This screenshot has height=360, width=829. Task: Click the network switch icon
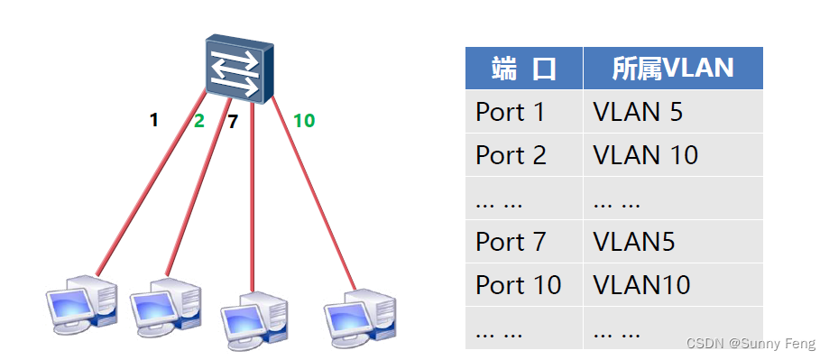point(237,69)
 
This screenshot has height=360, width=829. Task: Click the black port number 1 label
point(154,119)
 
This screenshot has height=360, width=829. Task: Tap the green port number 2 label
point(199,121)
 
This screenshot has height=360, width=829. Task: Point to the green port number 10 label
point(304,120)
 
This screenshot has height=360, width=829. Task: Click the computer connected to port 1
point(81,301)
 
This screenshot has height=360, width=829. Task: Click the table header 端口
point(523,68)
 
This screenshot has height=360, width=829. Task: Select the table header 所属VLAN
point(672,68)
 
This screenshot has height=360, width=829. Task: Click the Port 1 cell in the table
point(511,112)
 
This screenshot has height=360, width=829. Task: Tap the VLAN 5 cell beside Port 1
point(638,112)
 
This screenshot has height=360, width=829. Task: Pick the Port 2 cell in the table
point(511,155)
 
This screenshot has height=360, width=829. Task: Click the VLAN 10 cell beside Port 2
point(646,155)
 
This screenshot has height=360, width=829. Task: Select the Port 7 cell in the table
point(511,242)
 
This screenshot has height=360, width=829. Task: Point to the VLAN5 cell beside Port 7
point(634,242)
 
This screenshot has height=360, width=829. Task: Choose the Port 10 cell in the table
point(519,285)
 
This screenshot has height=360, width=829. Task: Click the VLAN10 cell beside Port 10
point(642,285)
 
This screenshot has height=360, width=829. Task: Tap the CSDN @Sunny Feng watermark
point(751,344)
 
